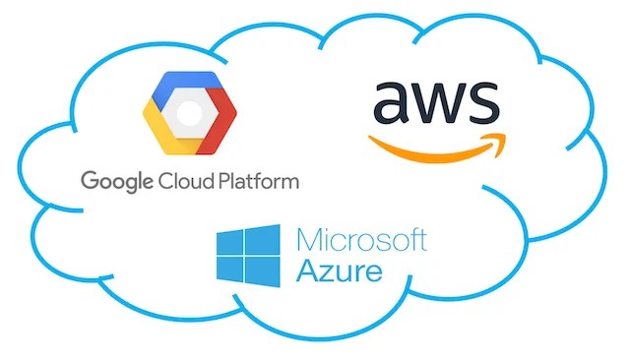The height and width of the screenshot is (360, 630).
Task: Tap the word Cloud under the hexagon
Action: pos(179,181)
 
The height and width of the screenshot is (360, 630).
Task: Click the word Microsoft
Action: pos(361,240)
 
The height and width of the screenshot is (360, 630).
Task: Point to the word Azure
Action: pos(339,270)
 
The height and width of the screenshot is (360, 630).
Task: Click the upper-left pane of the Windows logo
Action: pos(232,241)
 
